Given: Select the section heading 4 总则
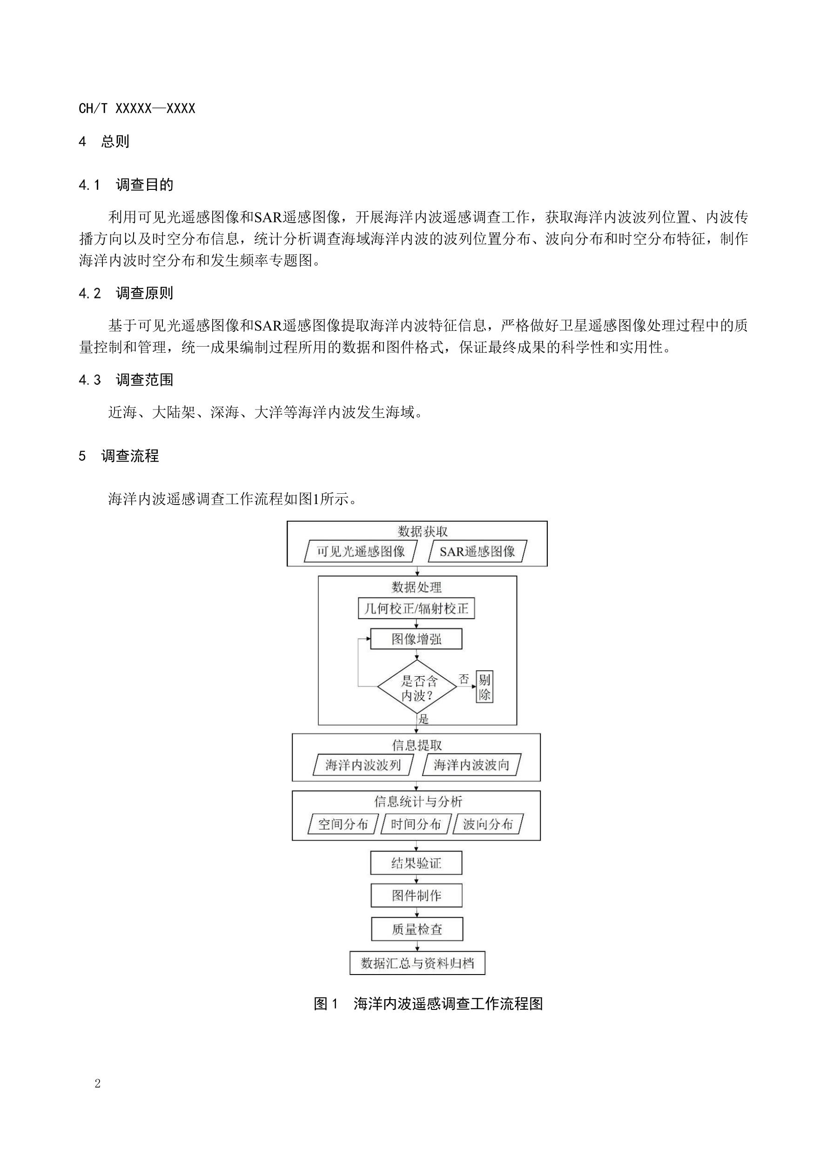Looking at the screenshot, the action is click(x=104, y=141).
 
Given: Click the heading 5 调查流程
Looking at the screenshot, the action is click(x=119, y=456).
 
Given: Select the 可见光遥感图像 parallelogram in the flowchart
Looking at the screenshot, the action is click(x=361, y=551).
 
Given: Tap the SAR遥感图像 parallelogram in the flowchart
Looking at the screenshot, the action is click(x=477, y=551).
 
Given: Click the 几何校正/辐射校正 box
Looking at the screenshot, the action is click(x=417, y=608).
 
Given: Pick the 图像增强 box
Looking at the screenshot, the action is click(x=417, y=639).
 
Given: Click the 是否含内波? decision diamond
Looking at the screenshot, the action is click(x=417, y=686).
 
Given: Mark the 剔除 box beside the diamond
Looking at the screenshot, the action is click(x=484, y=686).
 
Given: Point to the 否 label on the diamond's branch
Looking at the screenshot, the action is click(x=464, y=679).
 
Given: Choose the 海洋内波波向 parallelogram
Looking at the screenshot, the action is click(x=471, y=765).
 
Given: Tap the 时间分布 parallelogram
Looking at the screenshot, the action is click(x=416, y=824).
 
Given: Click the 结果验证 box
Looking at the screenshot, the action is click(x=417, y=863).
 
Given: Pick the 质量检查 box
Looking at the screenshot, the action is click(x=417, y=929).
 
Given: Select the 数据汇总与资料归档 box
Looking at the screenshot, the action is click(x=417, y=963).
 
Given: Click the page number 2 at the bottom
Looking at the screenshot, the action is click(x=97, y=1084).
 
